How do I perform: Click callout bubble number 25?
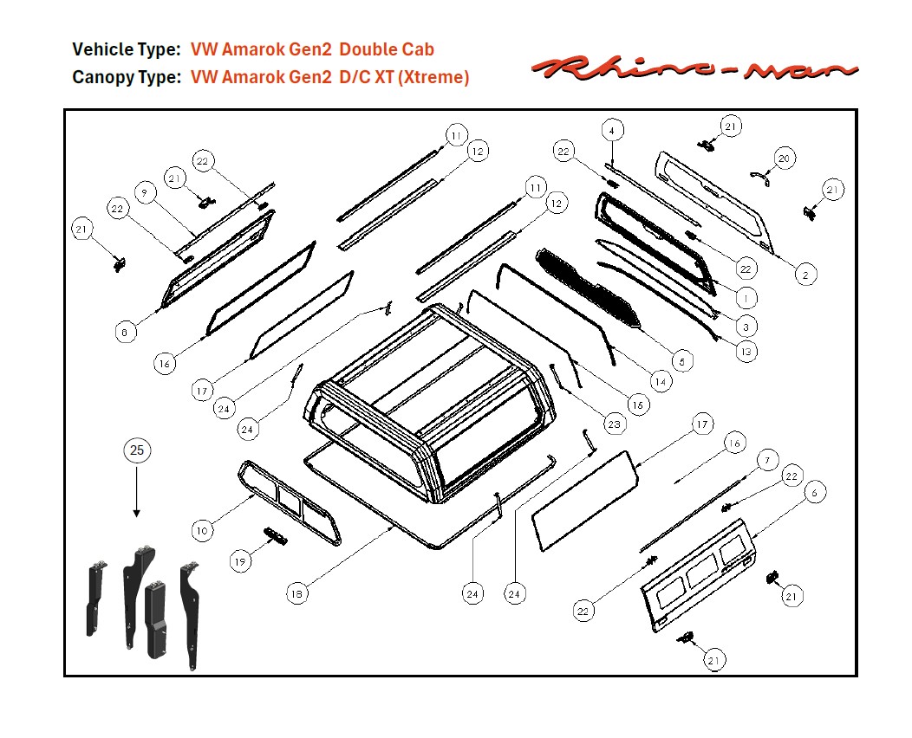pyautogui.click(x=136, y=450)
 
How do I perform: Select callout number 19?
pyautogui.click(x=241, y=561)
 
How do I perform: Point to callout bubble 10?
pyautogui.click(x=202, y=530)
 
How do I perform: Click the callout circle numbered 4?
pyautogui.click(x=611, y=131)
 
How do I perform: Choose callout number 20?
pyautogui.click(x=784, y=159)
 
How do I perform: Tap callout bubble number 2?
pyautogui.click(x=805, y=275)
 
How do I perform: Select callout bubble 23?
pyautogui.click(x=614, y=424)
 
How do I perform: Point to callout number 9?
pyautogui.click(x=145, y=192)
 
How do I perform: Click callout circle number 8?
pyautogui.click(x=126, y=331)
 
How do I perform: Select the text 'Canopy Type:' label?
pyautogui.click(x=127, y=77)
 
